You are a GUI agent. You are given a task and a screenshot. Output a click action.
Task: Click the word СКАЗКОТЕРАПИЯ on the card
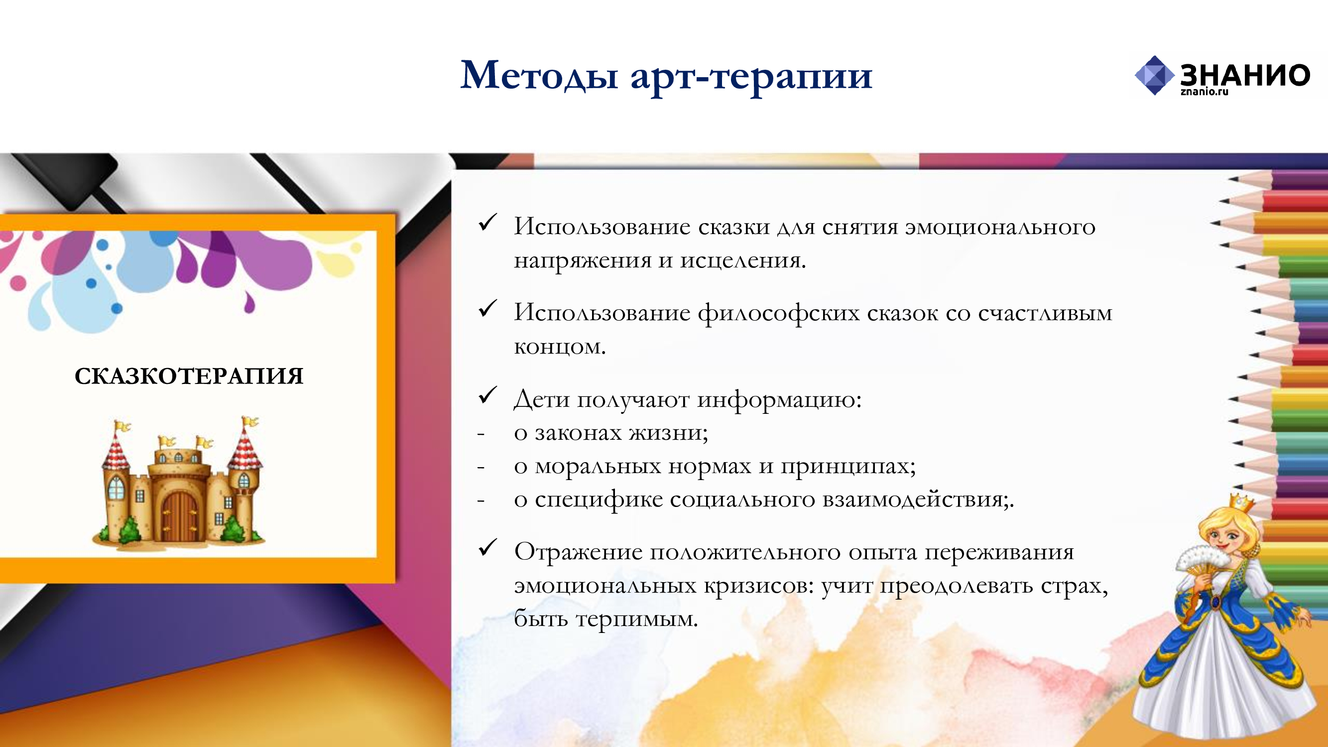pyautogui.click(x=189, y=376)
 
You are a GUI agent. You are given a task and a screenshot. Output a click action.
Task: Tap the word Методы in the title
pyautogui.click(x=539, y=75)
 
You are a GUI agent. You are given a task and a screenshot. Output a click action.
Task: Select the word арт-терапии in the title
pyautogui.click(x=751, y=77)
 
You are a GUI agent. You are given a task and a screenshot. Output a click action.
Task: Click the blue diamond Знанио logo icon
pyautogui.click(x=1154, y=75)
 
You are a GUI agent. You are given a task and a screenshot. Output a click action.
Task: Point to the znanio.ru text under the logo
pyautogui.click(x=1205, y=92)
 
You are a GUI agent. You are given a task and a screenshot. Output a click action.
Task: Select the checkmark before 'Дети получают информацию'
pyautogui.click(x=487, y=395)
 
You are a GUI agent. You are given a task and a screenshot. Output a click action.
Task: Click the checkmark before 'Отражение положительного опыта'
pyautogui.click(x=487, y=547)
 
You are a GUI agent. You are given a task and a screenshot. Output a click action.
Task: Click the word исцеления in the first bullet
pyautogui.click(x=743, y=261)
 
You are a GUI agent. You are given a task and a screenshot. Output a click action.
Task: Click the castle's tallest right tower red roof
pyautogui.click(x=245, y=448)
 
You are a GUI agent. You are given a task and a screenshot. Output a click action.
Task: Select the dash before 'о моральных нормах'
pyautogui.click(x=481, y=468)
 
